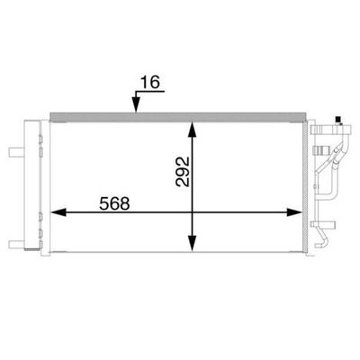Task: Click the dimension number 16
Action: point(150,82)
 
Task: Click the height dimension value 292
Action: point(183,171)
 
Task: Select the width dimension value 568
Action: point(114,203)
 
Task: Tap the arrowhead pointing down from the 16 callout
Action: point(136,105)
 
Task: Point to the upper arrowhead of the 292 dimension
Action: point(192,130)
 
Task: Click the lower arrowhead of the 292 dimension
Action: point(192,243)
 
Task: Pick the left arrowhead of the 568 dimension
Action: point(58,212)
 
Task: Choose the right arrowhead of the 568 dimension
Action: point(294,212)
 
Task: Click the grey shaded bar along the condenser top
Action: point(178,117)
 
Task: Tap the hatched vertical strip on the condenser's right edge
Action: point(305,186)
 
